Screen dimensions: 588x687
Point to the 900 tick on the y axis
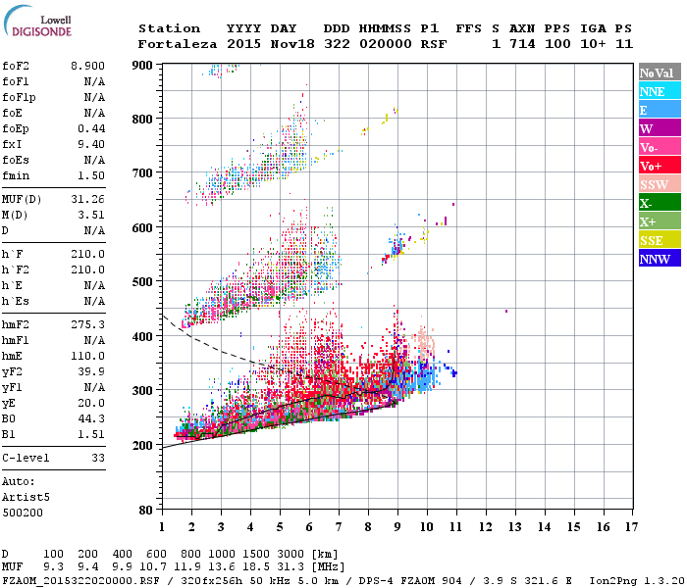[x=143, y=65]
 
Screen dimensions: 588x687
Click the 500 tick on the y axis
[x=143, y=282]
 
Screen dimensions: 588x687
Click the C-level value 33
[x=95, y=458]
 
